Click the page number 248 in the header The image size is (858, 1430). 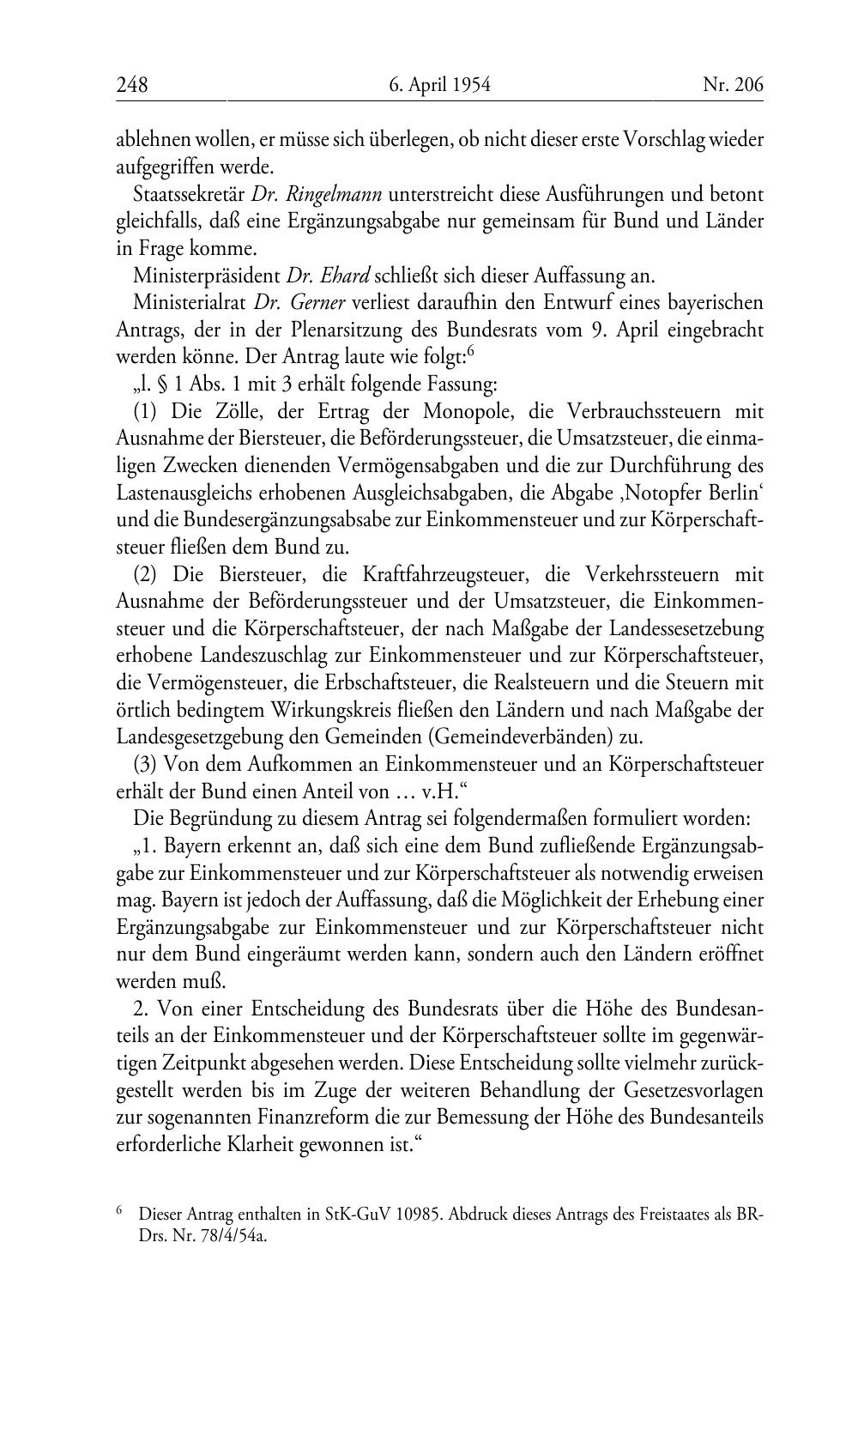[132, 85]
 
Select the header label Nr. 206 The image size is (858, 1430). [732, 85]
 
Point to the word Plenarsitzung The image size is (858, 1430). [401, 330]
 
